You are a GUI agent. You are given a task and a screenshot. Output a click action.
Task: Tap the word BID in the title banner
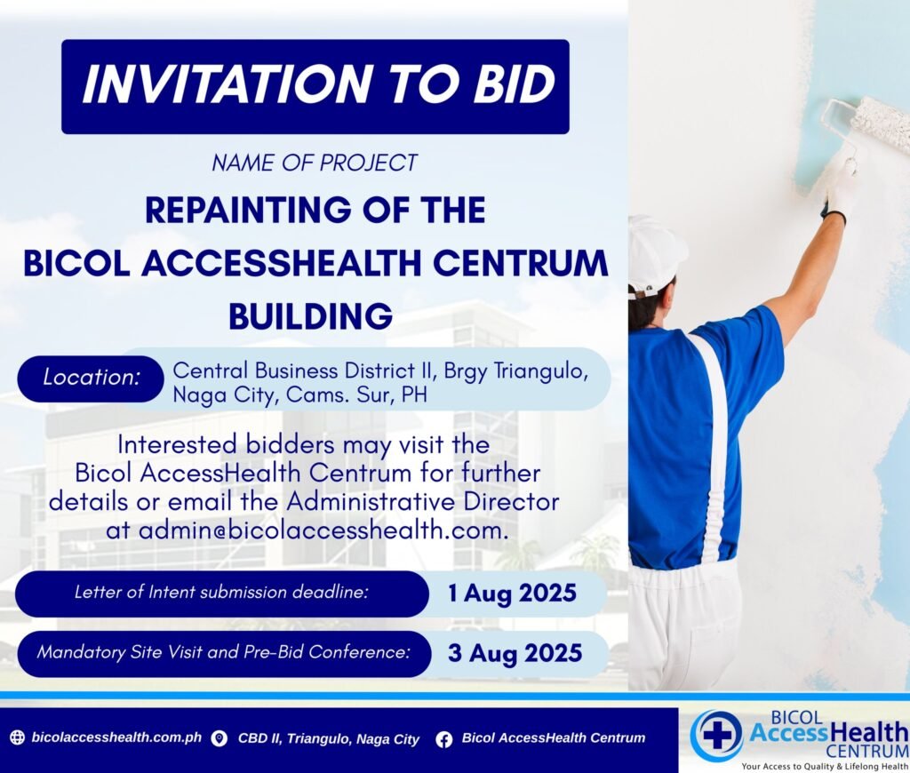[515, 84]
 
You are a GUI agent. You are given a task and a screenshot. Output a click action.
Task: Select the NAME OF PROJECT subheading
[314, 163]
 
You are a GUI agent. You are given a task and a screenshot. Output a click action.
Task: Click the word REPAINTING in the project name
[248, 210]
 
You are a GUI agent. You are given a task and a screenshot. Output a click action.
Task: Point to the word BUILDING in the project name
[310, 316]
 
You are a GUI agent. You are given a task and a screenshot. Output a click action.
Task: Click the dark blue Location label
[92, 378]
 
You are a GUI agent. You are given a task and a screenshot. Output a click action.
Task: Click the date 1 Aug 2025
[512, 594]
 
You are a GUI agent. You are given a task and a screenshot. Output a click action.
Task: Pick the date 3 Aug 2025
[515, 653]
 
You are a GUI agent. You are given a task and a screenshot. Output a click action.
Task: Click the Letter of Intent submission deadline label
[221, 592]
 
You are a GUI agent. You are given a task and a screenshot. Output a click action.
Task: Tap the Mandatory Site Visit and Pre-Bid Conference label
[223, 652]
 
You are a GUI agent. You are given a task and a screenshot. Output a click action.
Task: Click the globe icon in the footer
[18, 737]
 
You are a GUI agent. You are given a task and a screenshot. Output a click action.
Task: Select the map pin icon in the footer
[219, 738]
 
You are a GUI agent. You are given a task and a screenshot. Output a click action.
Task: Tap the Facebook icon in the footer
[444, 738]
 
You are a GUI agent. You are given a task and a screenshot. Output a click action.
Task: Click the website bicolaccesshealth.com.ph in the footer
[116, 737]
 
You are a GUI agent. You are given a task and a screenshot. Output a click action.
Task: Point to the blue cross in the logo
[717, 734]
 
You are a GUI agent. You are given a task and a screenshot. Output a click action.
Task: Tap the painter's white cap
[655, 255]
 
